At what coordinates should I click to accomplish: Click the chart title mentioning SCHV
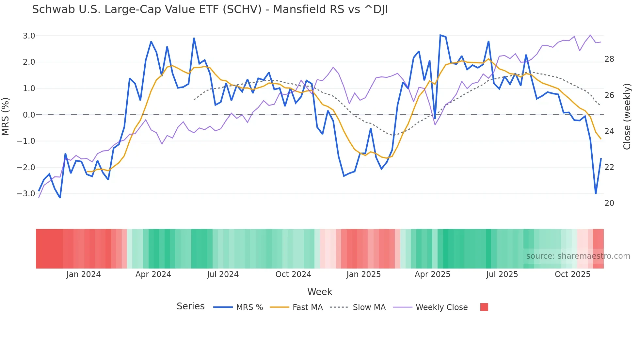[x=210, y=9]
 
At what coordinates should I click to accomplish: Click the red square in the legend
[x=484, y=307]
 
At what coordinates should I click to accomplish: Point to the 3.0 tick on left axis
[x=29, y=36]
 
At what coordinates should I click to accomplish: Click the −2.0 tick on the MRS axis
[x=26, y=168]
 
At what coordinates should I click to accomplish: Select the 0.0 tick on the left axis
[x=29, y=115]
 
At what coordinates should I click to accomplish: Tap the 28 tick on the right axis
[x=609, y=59]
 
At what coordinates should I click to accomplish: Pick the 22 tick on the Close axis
[x=609, y=167]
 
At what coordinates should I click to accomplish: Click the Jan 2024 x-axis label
[x=83, y=274]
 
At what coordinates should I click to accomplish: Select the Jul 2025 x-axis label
[x=502, y=274]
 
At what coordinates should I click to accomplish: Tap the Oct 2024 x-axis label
[x=293, y=274]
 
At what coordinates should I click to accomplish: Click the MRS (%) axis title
[x=6, y=116]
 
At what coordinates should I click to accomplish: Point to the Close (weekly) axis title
[x=627, y=117]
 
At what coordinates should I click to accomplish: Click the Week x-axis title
[x=320, y=292]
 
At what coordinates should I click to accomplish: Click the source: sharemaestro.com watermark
[x=578, y=256]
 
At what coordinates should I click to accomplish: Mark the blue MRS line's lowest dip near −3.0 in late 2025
[x=596, y=193]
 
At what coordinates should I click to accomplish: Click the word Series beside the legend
[x=190, y=306]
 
